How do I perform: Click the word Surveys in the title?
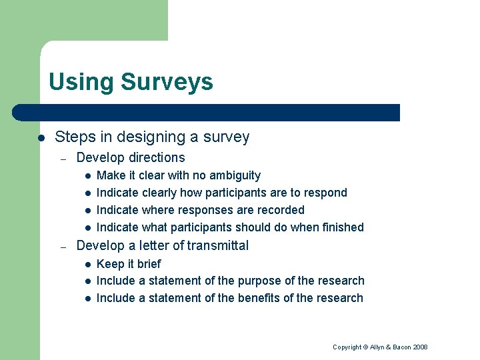(x=167, y=82)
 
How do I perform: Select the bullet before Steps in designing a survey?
(x=41, y=138)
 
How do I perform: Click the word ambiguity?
(x=235, y=175)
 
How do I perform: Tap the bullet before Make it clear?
(x=87, y=176)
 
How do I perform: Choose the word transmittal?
(x=217, y=245)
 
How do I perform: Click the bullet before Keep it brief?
(x=87, y=264)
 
